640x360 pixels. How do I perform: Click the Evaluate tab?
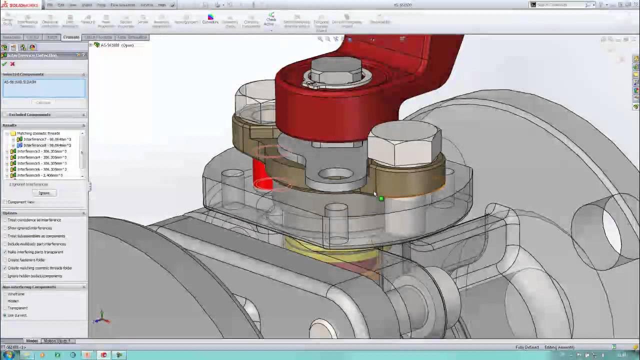point(71,37)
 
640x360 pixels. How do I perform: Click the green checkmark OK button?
point(4,64)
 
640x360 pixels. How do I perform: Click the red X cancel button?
point(12,64)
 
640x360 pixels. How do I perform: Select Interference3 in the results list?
point(42,151)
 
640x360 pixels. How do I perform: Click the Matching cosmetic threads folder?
point(38,133)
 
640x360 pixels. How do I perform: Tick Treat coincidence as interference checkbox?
point(5,220)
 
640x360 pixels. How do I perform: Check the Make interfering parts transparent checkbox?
point(5,252)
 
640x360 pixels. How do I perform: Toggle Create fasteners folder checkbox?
point(5,260)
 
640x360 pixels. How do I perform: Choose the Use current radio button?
point(5,315)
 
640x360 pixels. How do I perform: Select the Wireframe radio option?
point(5,294)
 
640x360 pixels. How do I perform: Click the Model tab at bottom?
point(31,341)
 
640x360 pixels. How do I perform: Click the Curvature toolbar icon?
point(210,19)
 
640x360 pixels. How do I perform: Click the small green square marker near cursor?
point(381,199)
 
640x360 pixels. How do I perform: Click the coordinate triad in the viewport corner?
point(101,317)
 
